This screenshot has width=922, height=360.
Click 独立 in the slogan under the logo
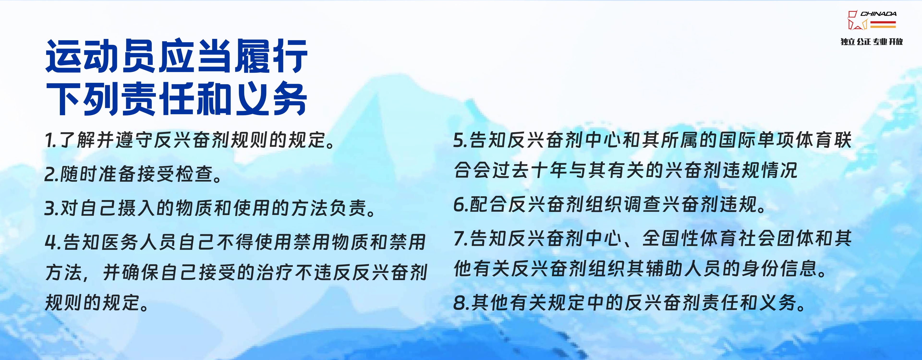pos(848,42)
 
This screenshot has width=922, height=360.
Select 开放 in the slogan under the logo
pos(896,42)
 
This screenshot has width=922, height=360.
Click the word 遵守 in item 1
pos(134,140)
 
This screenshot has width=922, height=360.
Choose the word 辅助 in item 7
pos(664,269)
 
